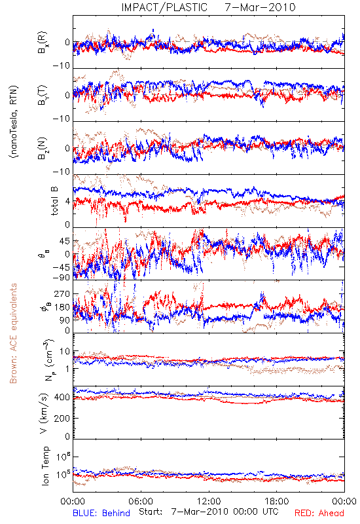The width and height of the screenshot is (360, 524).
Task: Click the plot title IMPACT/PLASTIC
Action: [164, 7]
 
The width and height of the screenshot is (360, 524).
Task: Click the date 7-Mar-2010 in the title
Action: [260, 7]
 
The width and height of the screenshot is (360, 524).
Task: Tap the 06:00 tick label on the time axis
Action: [141, 501]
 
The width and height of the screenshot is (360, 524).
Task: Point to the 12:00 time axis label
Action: [209, 501]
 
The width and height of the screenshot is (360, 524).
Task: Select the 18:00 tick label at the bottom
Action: [277, 501]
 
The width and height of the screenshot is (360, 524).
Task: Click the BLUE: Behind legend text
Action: [101, 513]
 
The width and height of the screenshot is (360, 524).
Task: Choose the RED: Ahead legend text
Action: [319, 513]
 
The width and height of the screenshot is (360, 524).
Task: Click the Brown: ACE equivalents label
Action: [13, 333]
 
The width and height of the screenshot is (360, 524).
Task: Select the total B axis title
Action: [54, 201]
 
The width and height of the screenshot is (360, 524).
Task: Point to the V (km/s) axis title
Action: [44, 414]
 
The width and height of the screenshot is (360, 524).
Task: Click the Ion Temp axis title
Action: [45, 466]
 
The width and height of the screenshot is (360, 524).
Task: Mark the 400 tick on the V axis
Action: [62, 398]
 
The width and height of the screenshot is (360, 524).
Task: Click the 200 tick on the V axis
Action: [62, 418]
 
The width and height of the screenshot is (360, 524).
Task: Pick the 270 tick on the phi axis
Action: [62, 294]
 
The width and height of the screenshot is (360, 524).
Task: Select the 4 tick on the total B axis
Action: [67, 202]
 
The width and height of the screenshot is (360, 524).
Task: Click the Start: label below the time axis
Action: [151, 512]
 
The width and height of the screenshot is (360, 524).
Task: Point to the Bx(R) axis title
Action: [43, 43]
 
